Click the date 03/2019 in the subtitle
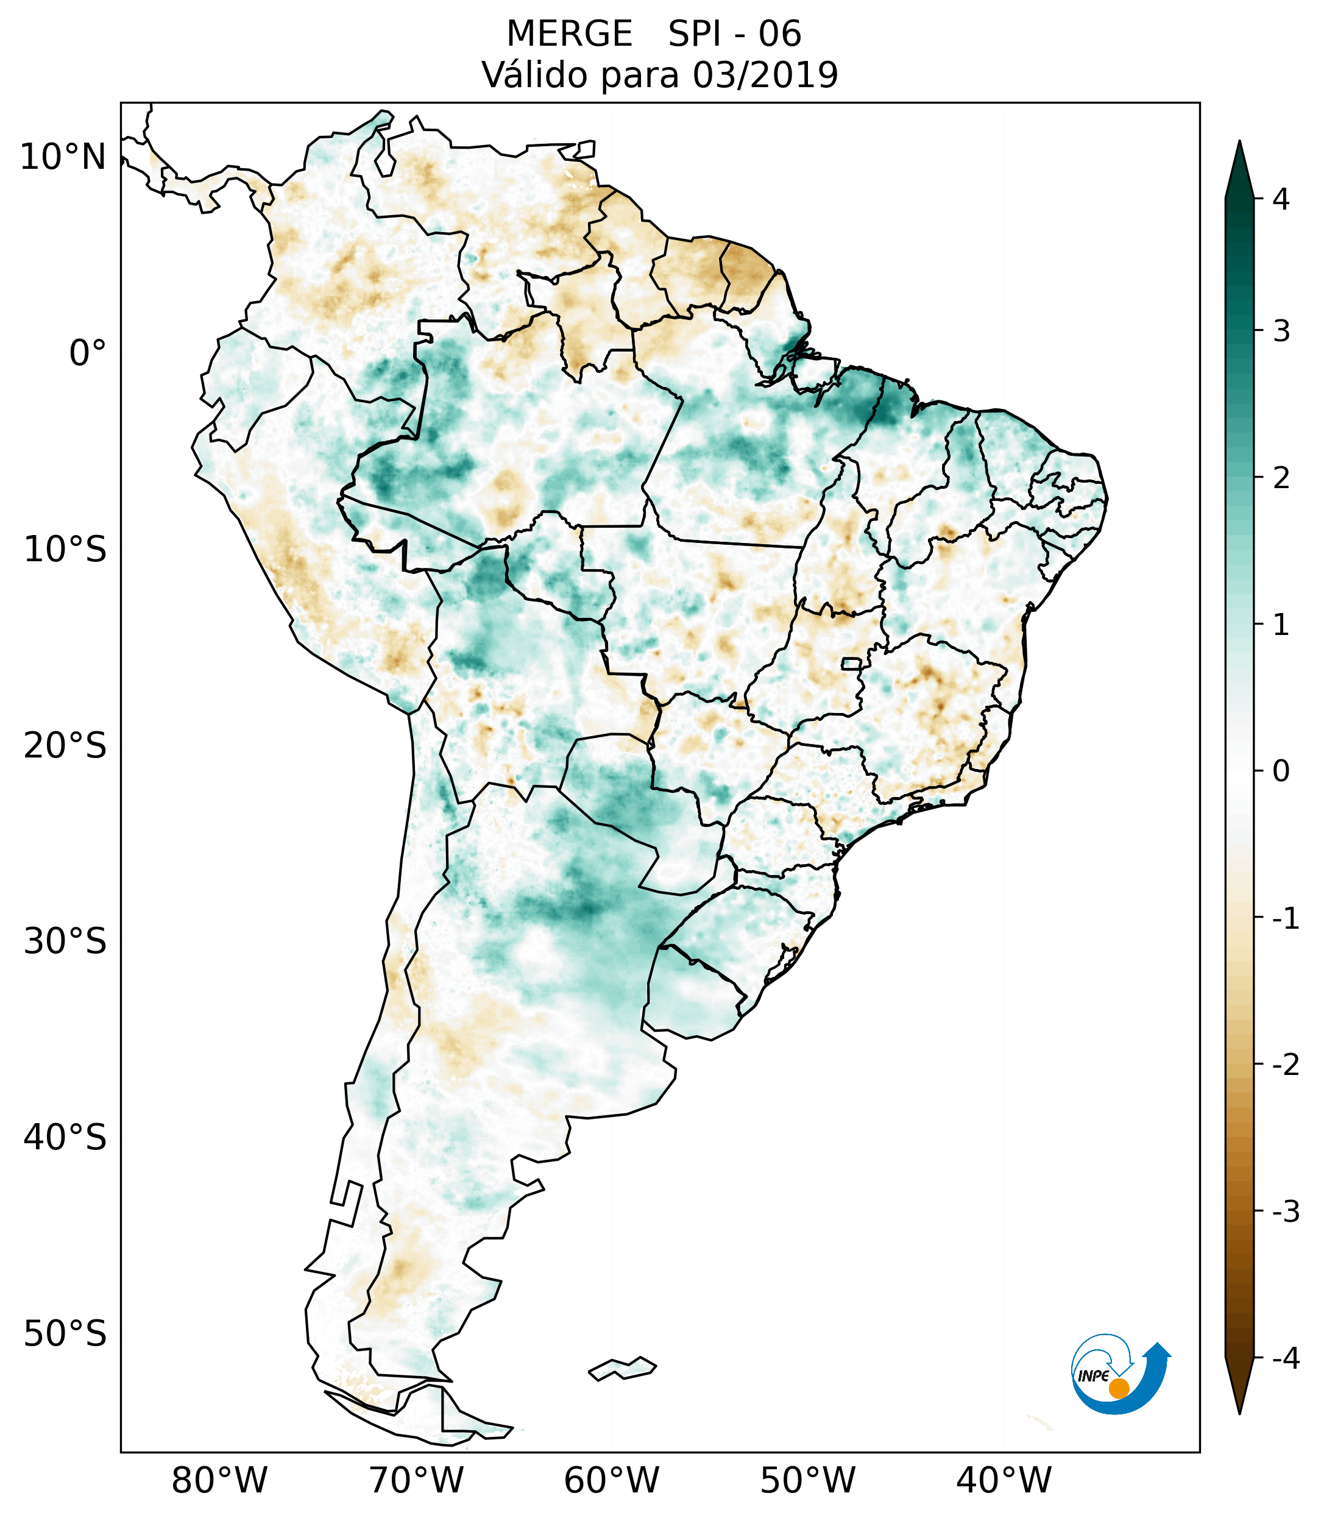(x=765, y=75)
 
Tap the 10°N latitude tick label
(x=63, y=157)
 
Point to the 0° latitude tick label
(x=88, y=353)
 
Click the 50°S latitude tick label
(x=65, y=1334)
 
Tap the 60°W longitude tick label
(x=611, y=1480)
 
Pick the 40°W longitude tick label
(x=1004, y=1480)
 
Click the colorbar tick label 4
(x=1281, y=199)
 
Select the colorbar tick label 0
(x=1281, y=771)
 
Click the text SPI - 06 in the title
(x=734, y=34)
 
